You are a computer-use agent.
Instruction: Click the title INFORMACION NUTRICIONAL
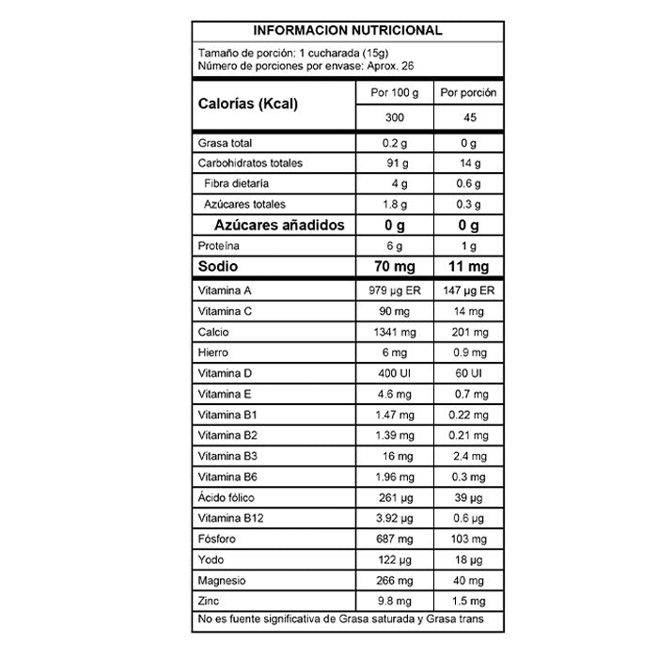click(x=348, y=30)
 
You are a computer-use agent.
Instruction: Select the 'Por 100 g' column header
click(x=395, y=94)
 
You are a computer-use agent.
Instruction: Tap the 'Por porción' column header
click(x=468, y=94)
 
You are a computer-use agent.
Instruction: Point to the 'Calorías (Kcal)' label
click(x=248, y=104)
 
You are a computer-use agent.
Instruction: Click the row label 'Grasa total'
click(x=226, y=143)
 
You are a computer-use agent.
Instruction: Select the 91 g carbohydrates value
click(x=395, y=163)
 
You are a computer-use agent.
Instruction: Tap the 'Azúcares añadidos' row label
click(x=280, y=226)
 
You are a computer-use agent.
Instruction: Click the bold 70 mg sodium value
click(x=395, y=268)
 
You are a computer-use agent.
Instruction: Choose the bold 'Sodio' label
click(x=217, y=268)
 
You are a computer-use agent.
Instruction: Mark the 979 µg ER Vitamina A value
click(x=395, y=291)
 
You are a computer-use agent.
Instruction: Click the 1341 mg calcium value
click(x=395, y=333)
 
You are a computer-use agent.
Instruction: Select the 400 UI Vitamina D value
click(x=395, y=373)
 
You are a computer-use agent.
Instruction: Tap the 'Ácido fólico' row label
click(x=227, y=497)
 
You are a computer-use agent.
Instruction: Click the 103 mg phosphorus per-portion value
click(x=468, y=539)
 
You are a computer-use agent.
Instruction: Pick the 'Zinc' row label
click(x=210, y=601)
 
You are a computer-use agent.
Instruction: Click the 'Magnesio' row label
click(x=223, y=580)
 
